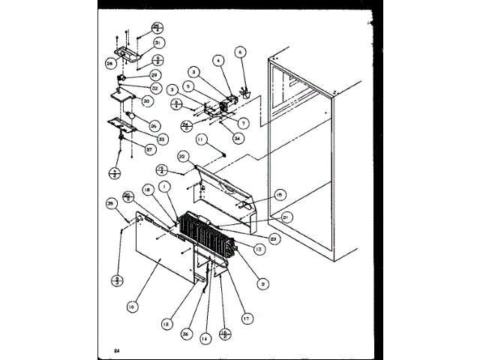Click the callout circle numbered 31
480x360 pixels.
[158, 42]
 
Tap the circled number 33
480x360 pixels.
[162, 139]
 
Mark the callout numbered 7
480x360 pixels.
[244, 122]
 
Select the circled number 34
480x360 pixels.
[238, 137]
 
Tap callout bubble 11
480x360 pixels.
[200, 139]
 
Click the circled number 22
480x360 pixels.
[182, 157]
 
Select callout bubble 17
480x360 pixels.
[245, 317]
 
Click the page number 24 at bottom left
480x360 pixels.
[117, 351]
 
